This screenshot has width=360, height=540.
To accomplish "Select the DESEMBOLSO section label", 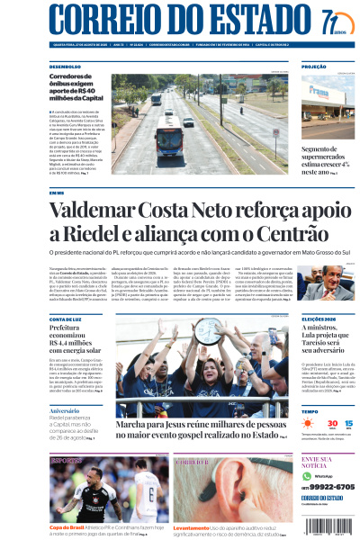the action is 66,67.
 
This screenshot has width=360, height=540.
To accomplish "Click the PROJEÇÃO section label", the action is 314,67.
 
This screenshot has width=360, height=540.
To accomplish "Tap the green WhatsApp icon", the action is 307,475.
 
